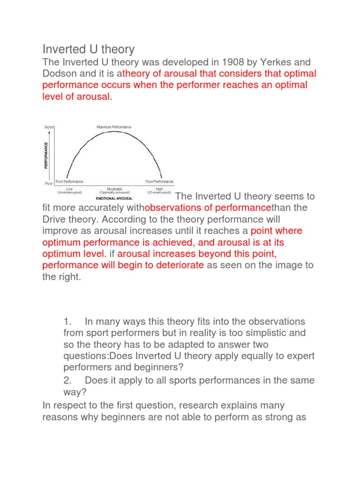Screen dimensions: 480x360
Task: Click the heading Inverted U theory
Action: (89, 49)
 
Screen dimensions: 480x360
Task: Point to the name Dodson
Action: (60, 74)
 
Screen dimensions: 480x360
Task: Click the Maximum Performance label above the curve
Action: (114, 127)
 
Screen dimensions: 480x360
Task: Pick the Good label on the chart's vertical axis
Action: (49, 127)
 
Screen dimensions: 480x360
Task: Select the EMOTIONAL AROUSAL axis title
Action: (114, 198)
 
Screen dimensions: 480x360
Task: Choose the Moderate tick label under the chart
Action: (114, 188)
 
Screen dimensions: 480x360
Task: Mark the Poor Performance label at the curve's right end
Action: (159, 181)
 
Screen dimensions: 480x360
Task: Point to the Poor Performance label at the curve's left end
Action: (69, 181)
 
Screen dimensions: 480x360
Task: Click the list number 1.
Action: (67, 322)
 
